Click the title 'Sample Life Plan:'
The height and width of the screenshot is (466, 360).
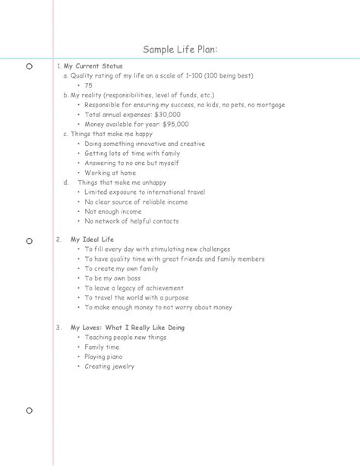(x=180, y=50)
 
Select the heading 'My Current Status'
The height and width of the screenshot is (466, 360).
(x=93, y=66)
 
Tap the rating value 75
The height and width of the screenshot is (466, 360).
(x=89, y=86)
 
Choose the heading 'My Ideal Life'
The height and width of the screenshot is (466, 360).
(x=92, y=239)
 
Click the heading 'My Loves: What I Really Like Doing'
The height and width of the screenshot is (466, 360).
(x=128, y=328)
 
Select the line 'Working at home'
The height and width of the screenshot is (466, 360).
(x=111, y=173)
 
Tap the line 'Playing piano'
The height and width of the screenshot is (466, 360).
(x=103, y=357)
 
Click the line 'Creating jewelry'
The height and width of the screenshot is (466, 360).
(x=109, y=366)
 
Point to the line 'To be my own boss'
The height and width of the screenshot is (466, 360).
(x=112, y=278)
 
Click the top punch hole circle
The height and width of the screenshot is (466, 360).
(x=29, y=67)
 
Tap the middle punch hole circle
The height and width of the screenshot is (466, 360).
(x=29, y=241)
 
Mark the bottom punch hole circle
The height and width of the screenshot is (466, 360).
(x=29, y=411)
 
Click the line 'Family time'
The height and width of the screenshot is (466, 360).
(x=102, y=347)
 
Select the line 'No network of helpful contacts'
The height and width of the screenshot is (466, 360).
(x=131, y=221)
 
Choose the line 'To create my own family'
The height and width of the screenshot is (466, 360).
(x=121, y=268)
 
